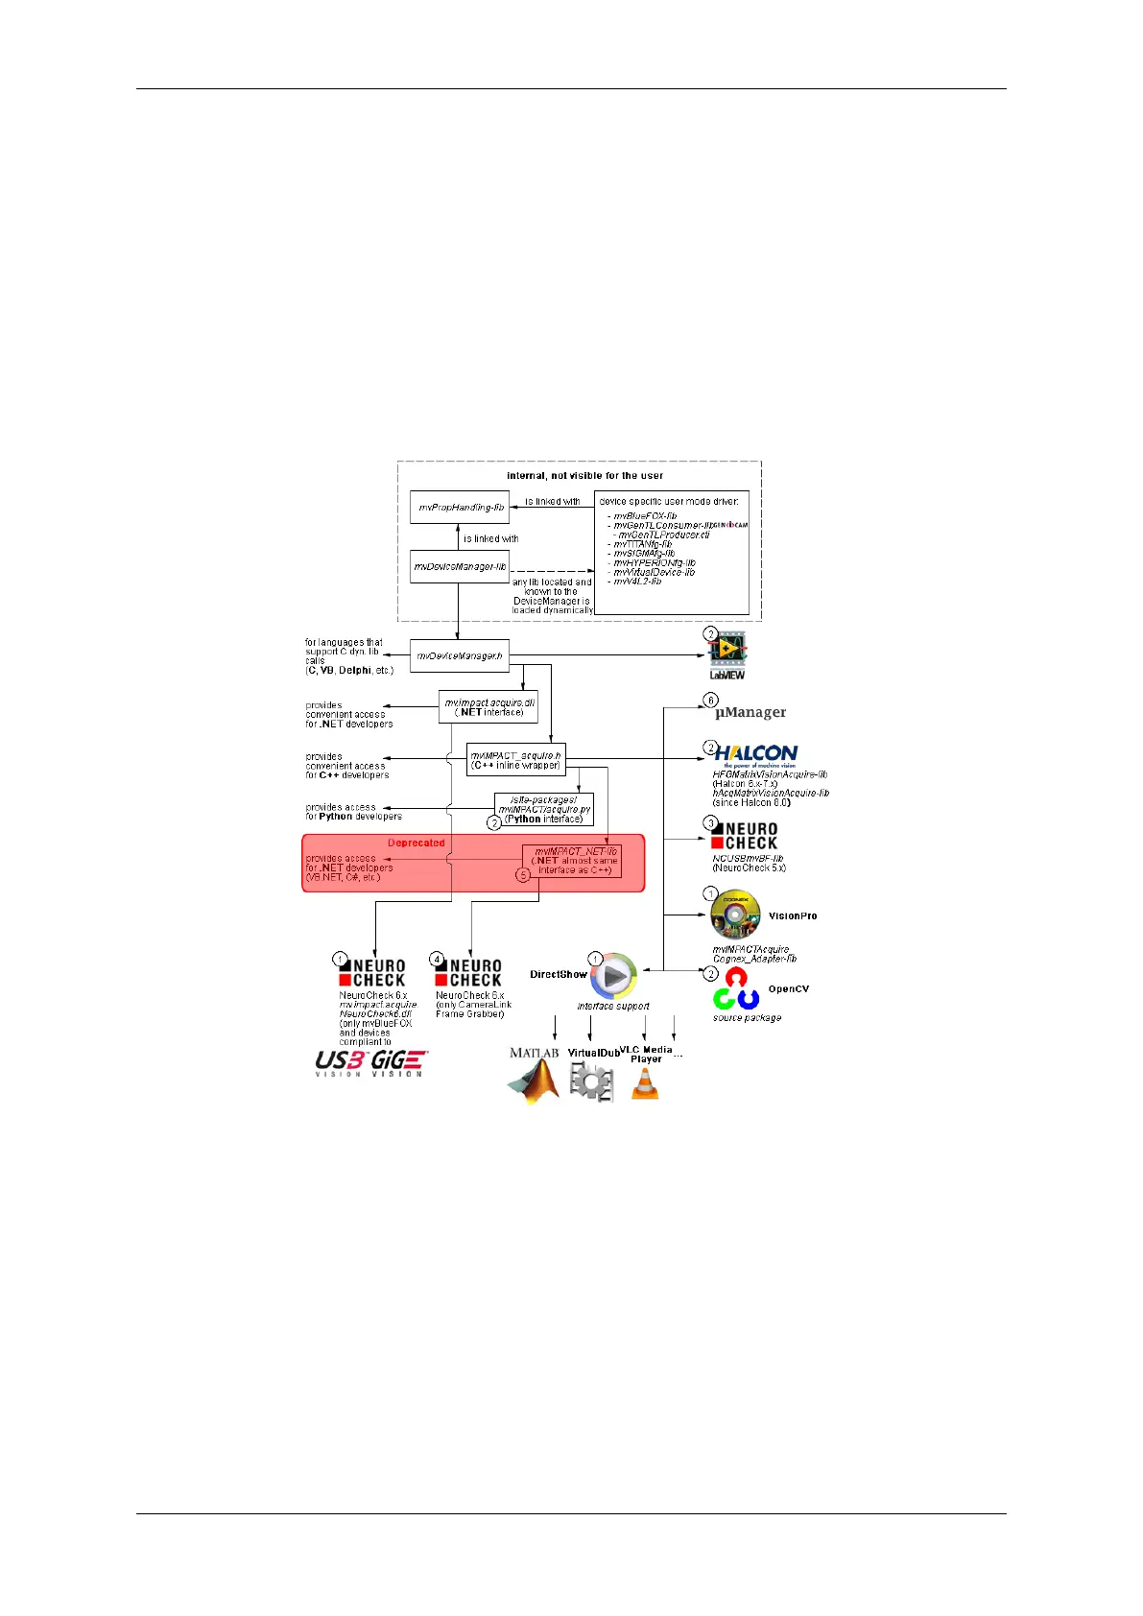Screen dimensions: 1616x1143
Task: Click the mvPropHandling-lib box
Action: pyautogui.click(x=460, y=507)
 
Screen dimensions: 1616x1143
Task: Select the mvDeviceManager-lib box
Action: pyautogui.click(x=459, y=566)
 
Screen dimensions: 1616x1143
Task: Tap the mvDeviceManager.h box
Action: pyautogui.click(x=459, y=656)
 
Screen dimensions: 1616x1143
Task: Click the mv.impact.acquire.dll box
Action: pyautogui.click(x=488, y=707)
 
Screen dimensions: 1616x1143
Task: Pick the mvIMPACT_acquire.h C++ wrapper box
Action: pyautogui.click(x=515, y=760)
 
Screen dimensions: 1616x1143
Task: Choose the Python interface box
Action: pyautogui.click(x=543, y=809)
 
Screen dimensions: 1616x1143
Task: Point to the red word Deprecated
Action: pyautogui.click(x=416, y=843)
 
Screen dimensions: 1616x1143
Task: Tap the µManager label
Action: pyautogui.click(x=750, y=712)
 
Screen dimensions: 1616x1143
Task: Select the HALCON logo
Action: pyautogui.click(x=756, y=754)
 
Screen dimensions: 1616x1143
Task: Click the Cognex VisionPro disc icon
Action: pyautogui.click(x=735, y=915)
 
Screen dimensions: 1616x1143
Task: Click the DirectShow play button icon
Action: pyautogui.click(x=613, y=976)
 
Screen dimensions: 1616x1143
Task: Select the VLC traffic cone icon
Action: pyautogui.click(x=645, y=1083)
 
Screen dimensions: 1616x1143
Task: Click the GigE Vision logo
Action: pyautogui.click(x=399, y=1062)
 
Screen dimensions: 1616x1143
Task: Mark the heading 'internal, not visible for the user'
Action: pyautogui.click(x=584, y=475)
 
